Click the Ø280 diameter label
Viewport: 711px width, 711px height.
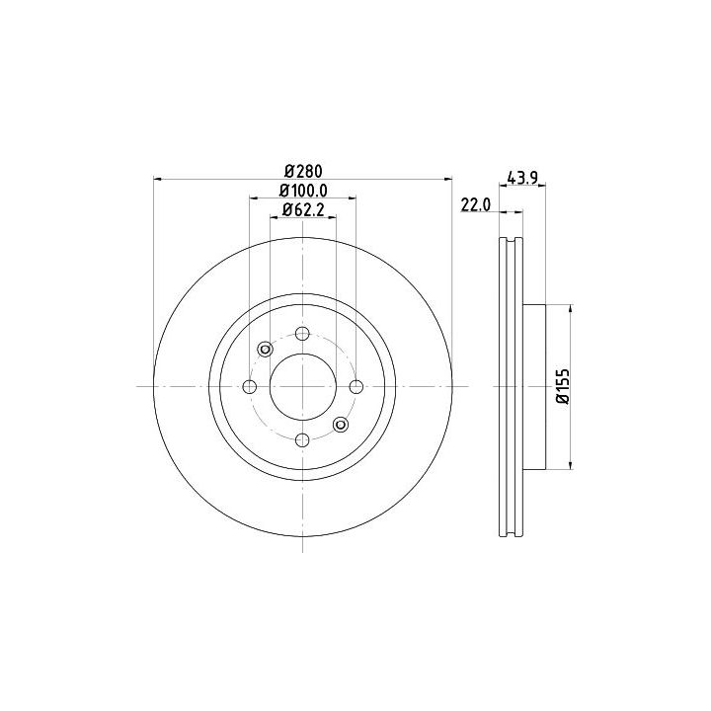click(x=303, y=172)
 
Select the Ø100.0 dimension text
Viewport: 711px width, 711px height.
click(x=303, y=191)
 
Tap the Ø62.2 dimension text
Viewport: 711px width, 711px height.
click(x=303, y=210)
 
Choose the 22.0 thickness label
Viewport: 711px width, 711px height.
click(x=476, y=205)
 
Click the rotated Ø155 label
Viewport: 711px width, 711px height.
click(x=562, y=386)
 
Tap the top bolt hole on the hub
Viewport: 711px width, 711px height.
click(x=302, y=334)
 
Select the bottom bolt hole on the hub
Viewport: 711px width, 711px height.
click(x=302, y=439)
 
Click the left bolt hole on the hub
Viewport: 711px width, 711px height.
click(x=250, y=387)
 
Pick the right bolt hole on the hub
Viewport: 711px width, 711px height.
click(x=356, y=387)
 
